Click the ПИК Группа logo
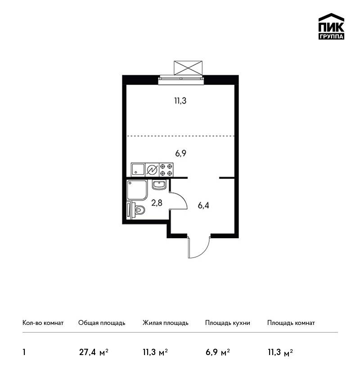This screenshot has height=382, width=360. coord(331,27)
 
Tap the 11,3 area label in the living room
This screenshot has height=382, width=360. coord(180,101)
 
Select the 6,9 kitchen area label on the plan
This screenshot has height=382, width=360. coord(181,154)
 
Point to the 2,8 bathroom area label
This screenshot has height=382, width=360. coord(157,203)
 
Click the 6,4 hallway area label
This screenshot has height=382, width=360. coord(203,206)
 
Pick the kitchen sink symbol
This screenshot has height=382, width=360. coord(138,169)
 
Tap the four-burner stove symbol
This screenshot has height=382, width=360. coord(166,169)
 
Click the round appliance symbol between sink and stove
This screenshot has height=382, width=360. coord(152,170)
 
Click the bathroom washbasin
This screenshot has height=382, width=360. coord(159,184)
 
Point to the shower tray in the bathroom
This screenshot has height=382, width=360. coord(137,190)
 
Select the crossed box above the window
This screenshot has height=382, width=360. coord(188,68)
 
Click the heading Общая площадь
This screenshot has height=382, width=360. coord(102,323)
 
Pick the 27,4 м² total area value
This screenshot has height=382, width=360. coord(94,352)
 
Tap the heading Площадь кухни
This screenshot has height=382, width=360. coord(228,323)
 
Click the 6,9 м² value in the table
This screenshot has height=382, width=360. coord(218,352)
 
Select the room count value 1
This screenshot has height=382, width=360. coord(24,352)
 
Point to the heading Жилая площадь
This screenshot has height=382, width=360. coord(165,323)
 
